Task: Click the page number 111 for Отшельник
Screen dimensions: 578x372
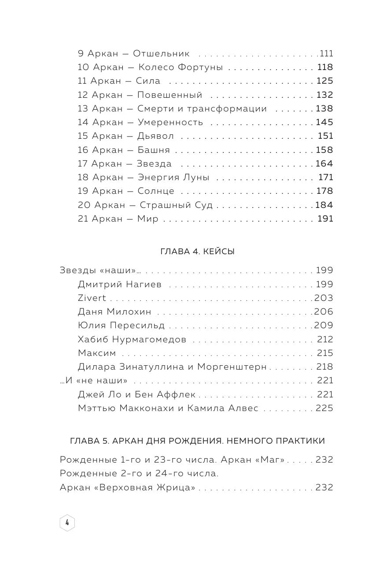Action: click(x=327, y=54)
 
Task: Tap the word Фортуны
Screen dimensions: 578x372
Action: click(x=200, y=67)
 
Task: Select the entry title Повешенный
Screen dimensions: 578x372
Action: click(x=169, y=95)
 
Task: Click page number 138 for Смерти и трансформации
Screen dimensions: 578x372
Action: click(x=324, y=108)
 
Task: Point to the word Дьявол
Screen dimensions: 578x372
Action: click(x=155, y=136)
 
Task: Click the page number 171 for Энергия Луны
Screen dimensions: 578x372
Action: click(x=326, y=178)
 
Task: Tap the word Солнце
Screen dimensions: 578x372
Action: click(x=156, y=191)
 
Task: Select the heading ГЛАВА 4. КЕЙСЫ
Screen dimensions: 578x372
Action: click(x=196, y=252)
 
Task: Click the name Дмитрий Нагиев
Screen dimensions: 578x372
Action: click(x=120, y=284)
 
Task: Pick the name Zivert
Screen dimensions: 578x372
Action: click(x=92, y=298)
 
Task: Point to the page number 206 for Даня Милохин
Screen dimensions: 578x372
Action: click(x=324, y=311)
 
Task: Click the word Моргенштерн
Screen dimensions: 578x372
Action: click(x=232, y=367)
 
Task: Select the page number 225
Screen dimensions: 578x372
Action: click(x=324, y=408)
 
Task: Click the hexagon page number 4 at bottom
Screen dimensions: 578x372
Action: click(x=67, y=522)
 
